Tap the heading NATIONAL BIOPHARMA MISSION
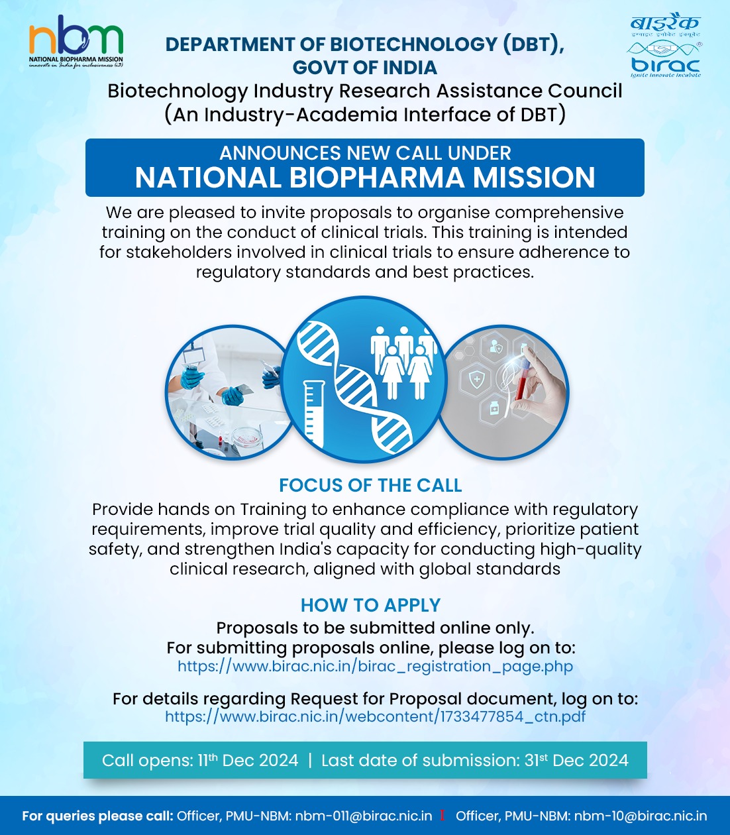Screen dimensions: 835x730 point(365,178)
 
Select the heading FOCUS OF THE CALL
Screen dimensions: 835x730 point(370,485)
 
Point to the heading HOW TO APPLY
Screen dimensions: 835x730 point(370,605)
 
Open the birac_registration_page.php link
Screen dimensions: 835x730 point(375,666)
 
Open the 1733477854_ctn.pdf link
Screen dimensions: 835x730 point(375,716)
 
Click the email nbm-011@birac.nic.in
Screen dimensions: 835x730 point(364,816)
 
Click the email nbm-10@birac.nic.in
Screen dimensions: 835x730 point(640,816)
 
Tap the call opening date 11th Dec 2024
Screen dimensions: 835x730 point(248,760)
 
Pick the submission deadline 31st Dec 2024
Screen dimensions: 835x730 point(576,760)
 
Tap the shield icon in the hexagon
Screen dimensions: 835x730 point(478,380)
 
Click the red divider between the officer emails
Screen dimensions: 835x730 point(443,816)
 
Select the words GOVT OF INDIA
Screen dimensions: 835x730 point(365,68)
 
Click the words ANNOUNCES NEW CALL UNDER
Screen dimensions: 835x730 point(365,153)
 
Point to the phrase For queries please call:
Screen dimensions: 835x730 point(97,816)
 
